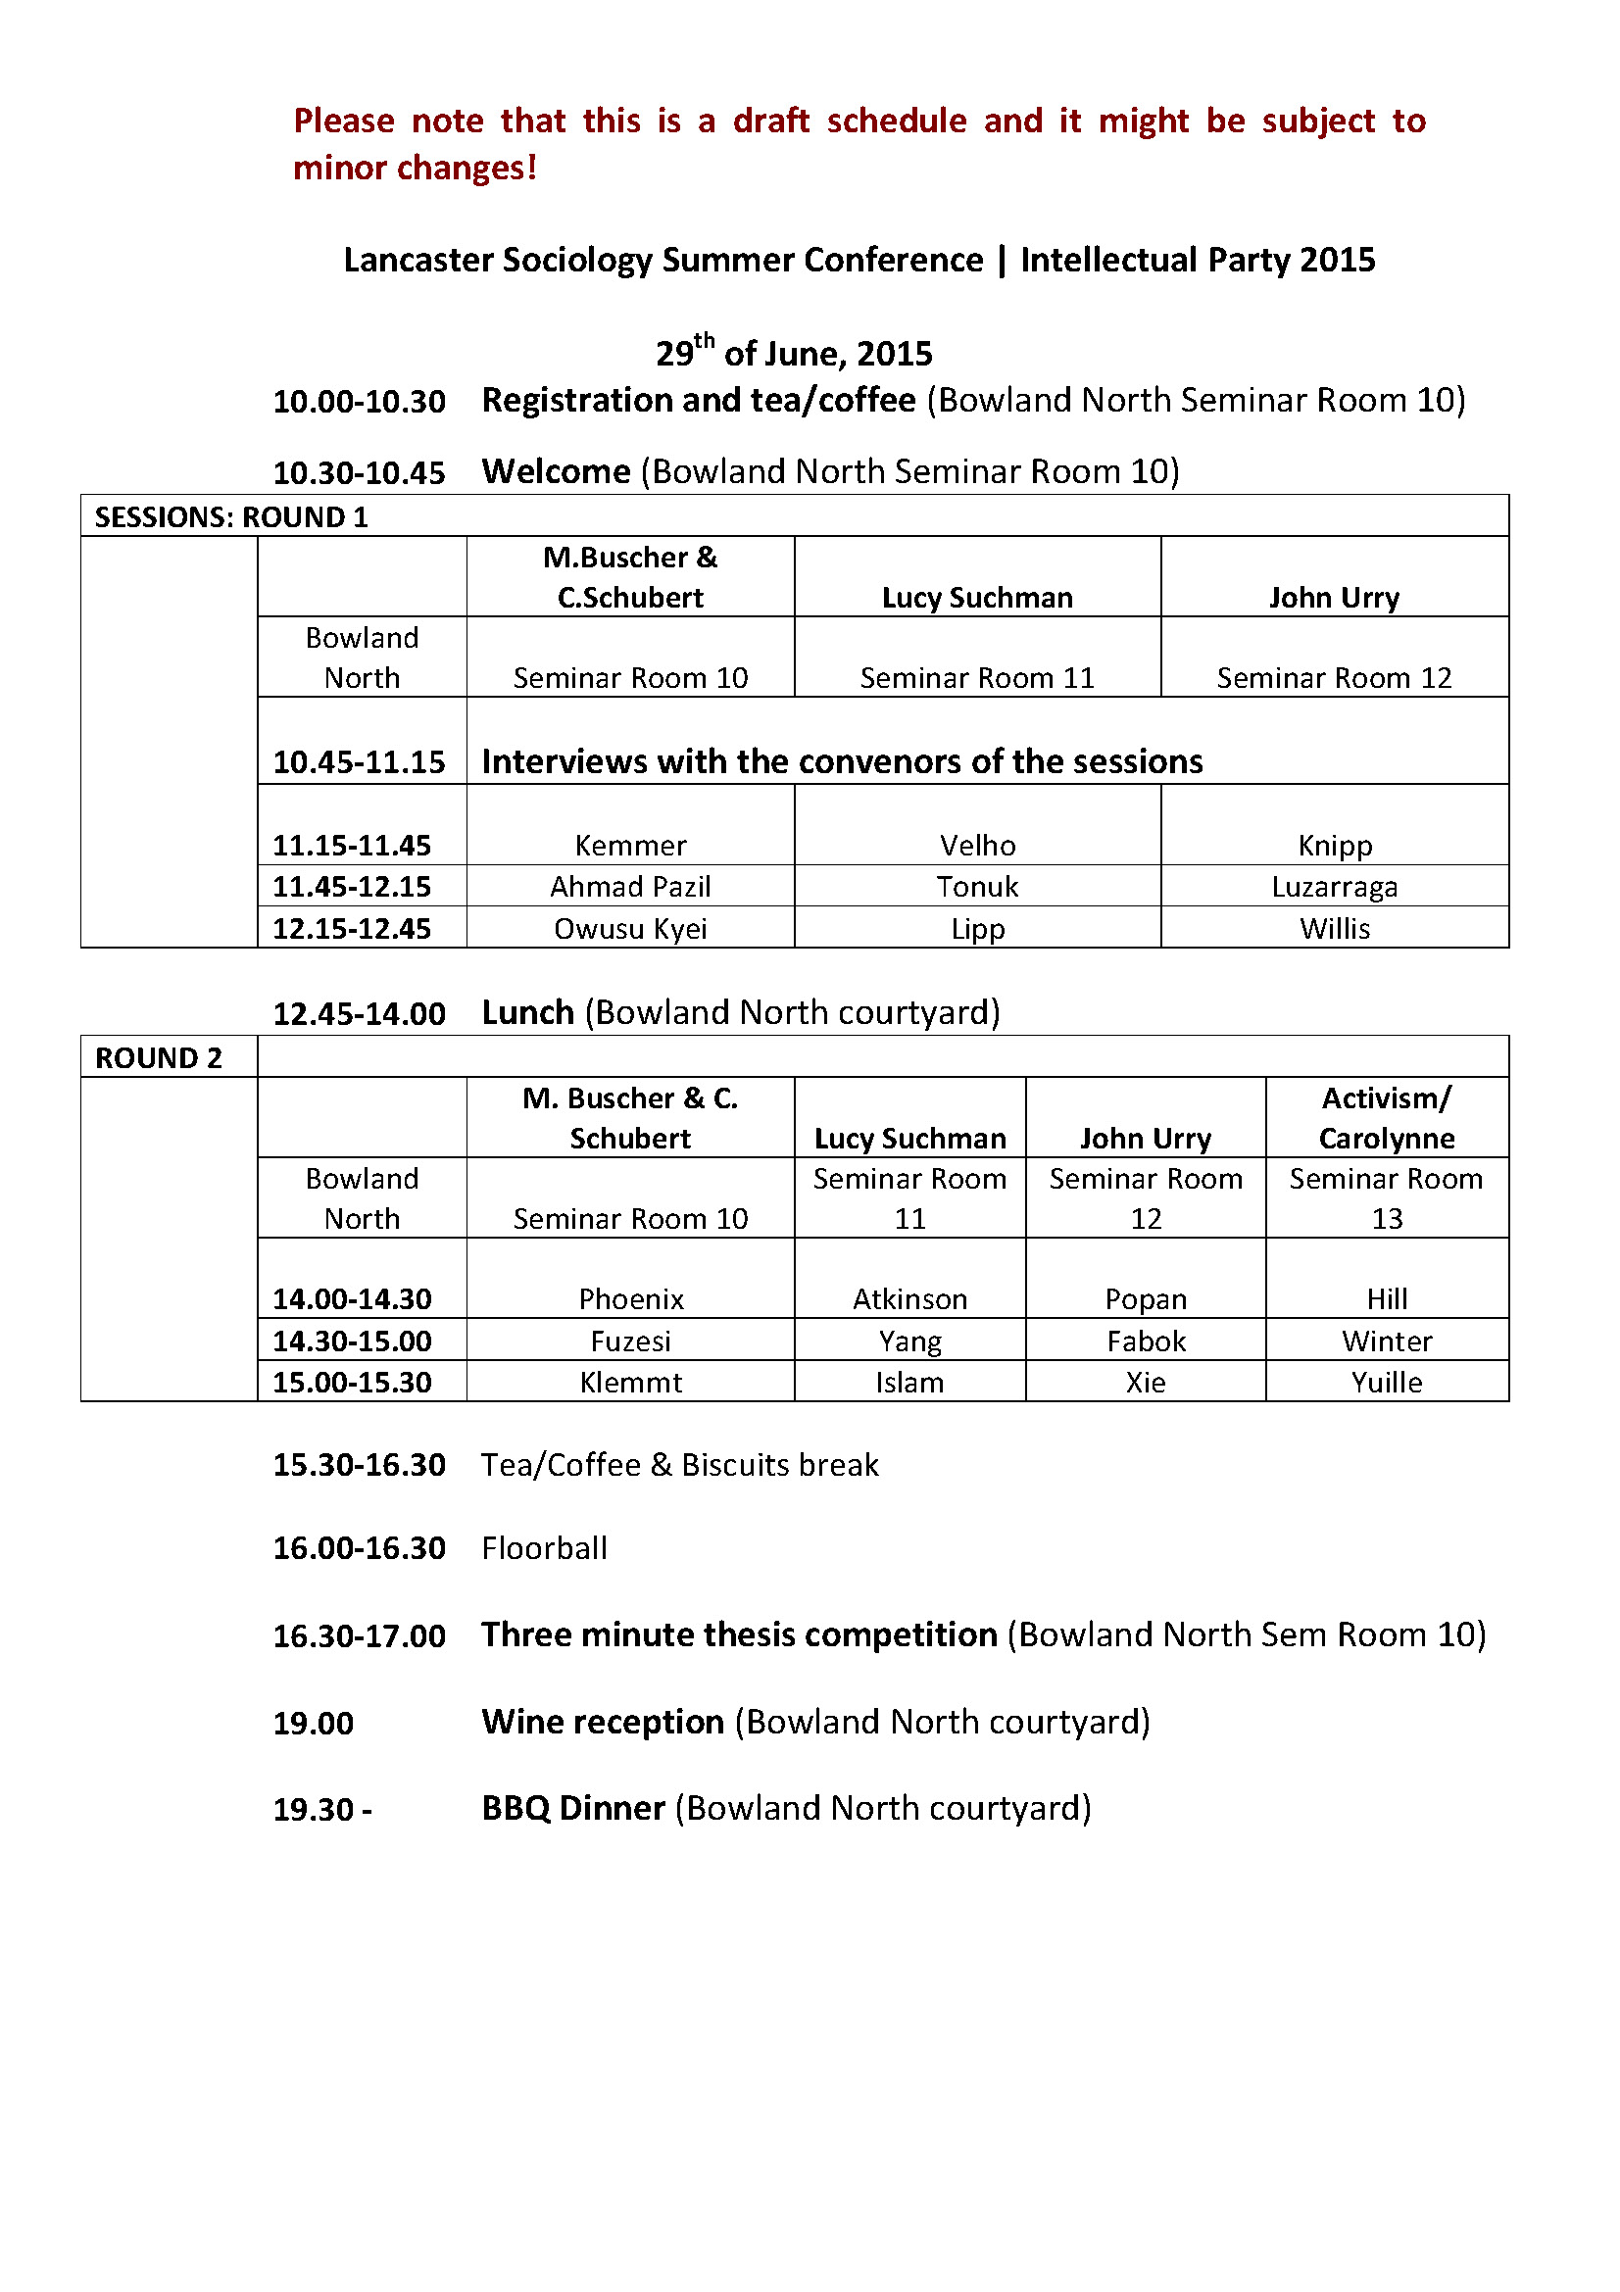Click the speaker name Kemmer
pos(630,846)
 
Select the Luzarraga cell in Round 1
pos(1334,887)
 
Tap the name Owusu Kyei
pos(630,928)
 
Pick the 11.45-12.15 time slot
pos(353,887)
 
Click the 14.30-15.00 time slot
pos(353,1341)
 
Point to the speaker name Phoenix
pos(631,1298)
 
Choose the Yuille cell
pos(1387,1383)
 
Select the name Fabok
pos(1146,1341)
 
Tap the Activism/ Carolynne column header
pos(1387,1118)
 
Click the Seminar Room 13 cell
pos(1387,1197)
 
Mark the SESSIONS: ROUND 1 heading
pos(230,517)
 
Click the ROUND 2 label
pos(159,1058)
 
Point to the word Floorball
pos(544,1548)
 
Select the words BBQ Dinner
pos(573,1808)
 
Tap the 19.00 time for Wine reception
pos(314,1723)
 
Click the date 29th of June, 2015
pos(794,353)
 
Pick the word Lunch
pos(528,1012)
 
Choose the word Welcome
pos(556,471)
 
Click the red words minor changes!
pos(416,168)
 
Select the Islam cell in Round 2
pos(909,1383)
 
